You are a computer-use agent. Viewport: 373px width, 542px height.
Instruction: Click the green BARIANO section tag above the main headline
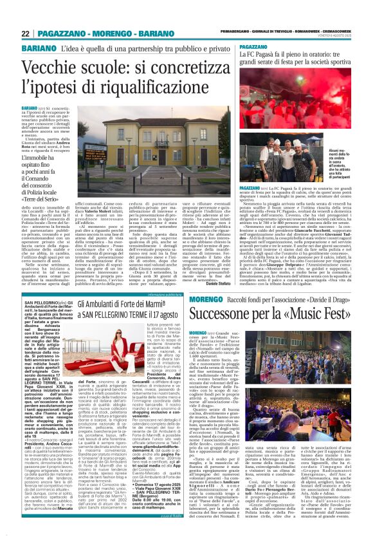coord(38,50)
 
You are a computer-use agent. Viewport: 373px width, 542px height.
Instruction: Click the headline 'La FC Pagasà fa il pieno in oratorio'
coord(295,61)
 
